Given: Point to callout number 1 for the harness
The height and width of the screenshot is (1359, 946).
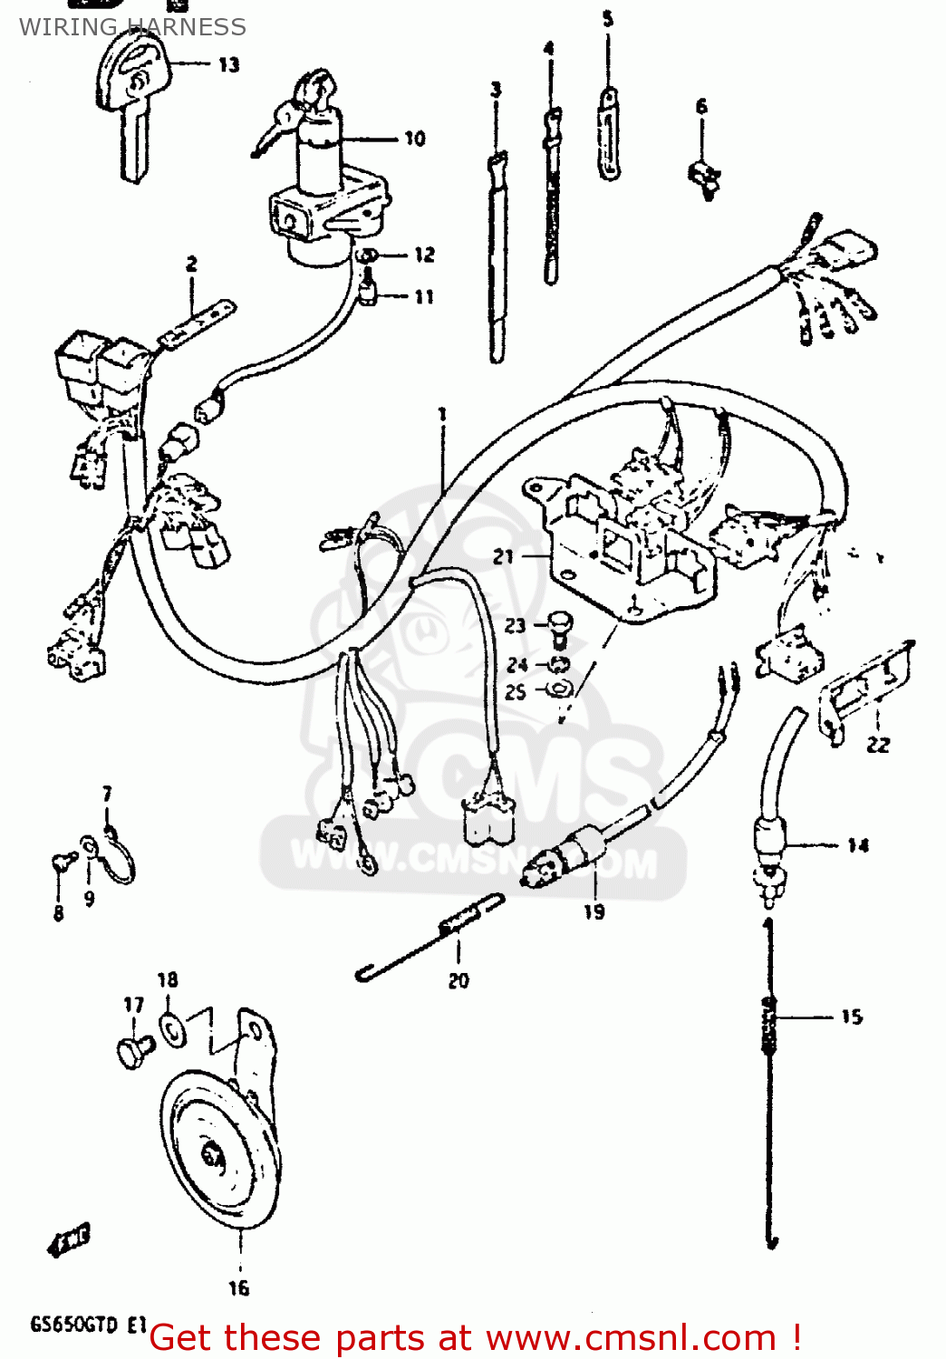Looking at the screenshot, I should coord(442,415).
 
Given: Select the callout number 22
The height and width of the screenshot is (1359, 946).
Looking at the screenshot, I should coord(877,745).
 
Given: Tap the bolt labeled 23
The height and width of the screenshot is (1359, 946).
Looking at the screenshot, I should coord(561,624).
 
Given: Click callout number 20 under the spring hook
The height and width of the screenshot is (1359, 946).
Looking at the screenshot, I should coord(459,980).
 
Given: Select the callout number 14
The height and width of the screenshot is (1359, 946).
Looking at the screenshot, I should coord(857,845).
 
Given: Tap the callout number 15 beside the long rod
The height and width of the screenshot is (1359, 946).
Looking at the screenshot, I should coord(851,1017).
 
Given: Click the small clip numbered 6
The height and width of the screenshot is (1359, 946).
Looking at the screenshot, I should coord(705,177).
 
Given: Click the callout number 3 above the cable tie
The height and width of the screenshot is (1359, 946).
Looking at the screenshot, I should coord(496,90).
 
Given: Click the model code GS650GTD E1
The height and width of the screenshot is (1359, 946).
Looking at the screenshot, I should coord(88,1325).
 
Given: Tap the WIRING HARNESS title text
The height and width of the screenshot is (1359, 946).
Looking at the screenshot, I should coord(132,27).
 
